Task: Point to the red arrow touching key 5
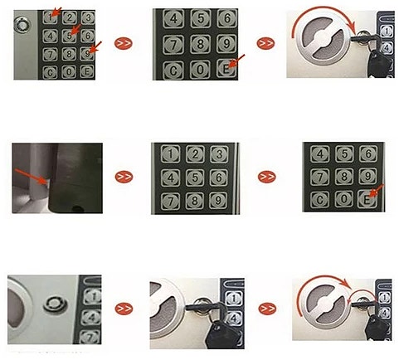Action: click(75, 30)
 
